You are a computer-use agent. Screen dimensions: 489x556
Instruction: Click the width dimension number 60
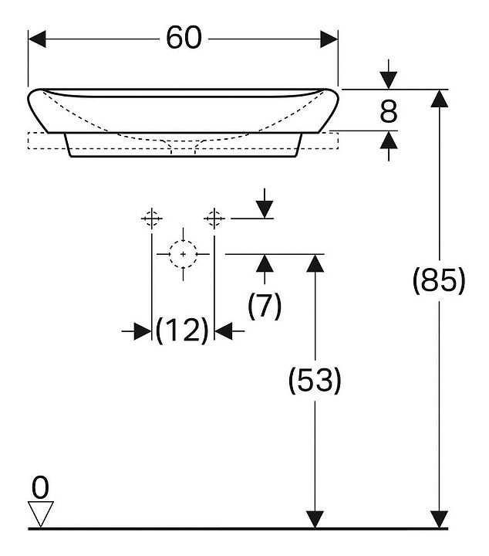click(x=184, y=38)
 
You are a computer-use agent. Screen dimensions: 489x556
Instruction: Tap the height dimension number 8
click(x=389, y=111)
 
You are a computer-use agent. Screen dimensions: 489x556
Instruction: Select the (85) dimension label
click(x=439, y=280)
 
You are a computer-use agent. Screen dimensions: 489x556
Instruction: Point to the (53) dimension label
click(x=315, y=380)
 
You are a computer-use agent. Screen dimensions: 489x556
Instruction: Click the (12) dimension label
click(x=182, y=331)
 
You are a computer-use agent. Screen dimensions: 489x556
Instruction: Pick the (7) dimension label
click(x=265, y=306)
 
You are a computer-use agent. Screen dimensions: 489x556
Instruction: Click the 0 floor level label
click(x=40, y=487)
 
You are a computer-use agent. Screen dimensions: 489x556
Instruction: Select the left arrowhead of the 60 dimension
click(x=37, y=39)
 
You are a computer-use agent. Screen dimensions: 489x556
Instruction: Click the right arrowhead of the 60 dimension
click(x=329, y=39)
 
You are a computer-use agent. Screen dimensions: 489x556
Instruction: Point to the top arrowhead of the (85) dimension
click(x=440, y=98)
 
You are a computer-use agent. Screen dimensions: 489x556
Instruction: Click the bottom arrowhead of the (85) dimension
click(x=440, y=520)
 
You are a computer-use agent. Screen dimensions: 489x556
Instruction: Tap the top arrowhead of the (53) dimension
click(x=315, y=263)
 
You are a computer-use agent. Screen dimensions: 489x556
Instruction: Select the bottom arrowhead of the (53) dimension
click(x=315, y=520)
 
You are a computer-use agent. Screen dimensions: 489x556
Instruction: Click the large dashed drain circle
click(x=183, y=241)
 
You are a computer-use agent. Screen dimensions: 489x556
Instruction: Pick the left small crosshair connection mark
click(x=151, y=219)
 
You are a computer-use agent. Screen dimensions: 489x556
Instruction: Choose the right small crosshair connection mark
click(x=214, y=219)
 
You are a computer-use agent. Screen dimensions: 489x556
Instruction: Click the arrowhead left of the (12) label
click(x=143, y=331)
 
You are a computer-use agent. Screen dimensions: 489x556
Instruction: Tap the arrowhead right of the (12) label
click(x=224, y=331)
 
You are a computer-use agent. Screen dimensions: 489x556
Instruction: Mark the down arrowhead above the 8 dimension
click(x=389, y=80)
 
